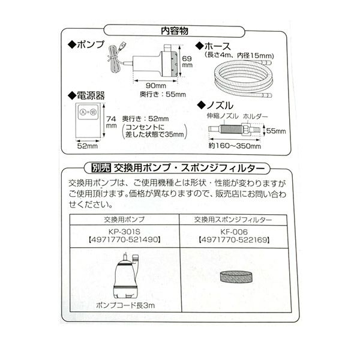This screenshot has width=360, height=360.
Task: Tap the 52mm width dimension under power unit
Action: (86, 145)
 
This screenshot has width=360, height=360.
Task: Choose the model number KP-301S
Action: (125, 230)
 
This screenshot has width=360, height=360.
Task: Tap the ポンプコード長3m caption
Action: (125, 305)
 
